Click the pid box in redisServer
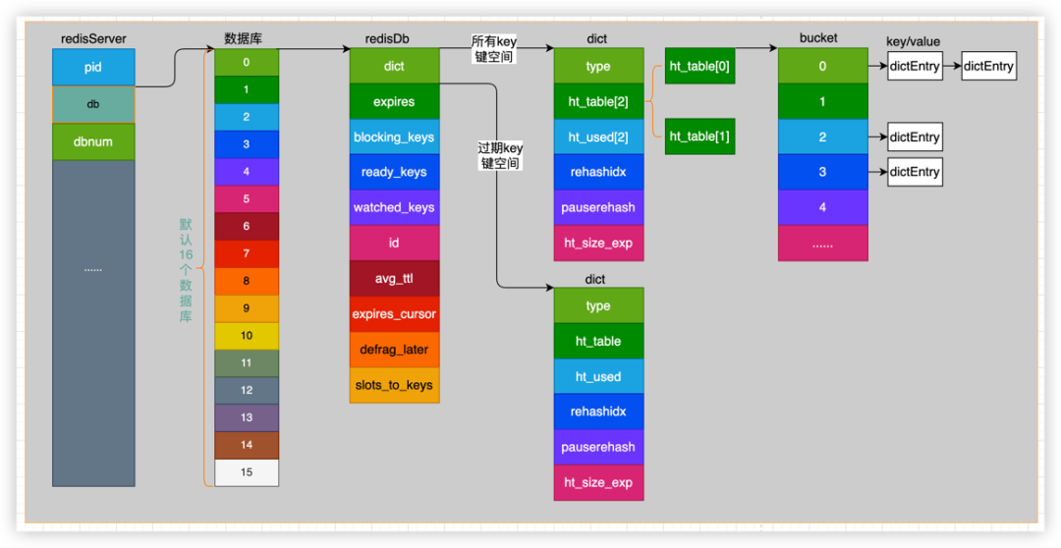(93, 67)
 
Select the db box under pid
(93, 103)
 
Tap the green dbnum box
(93, 141)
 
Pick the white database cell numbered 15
(247, 472)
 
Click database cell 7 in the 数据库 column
(247, 253)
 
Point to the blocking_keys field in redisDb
(394, 137)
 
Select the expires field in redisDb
(394, 102)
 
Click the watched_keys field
(394, 207)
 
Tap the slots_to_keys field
(394, 385)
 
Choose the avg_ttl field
(394, 278)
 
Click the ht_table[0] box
(700, 66)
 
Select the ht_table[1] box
(700, 137)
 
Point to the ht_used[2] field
(598, 137)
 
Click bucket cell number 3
(822, 172)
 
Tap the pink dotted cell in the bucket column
(822, 244)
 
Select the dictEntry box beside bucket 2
(915, 137)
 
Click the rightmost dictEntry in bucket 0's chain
(988, 67)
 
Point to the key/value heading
(913, 40)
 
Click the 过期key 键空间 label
(500, 156)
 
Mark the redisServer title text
(93, 39)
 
